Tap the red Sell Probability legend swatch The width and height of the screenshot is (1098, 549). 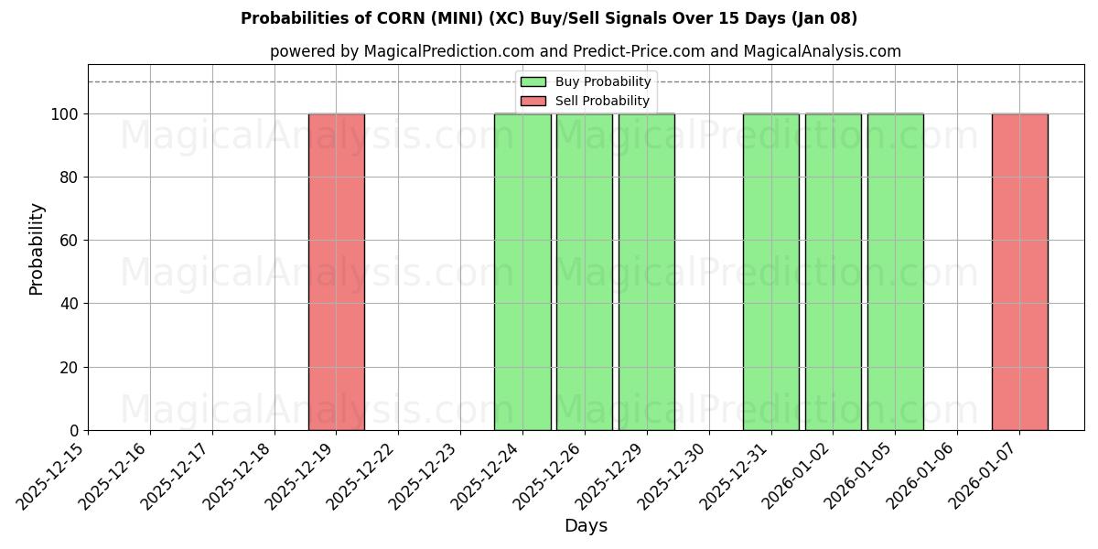[533, 101]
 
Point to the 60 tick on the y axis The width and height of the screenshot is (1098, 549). [67, 241]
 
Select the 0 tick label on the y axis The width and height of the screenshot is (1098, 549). [75, 431]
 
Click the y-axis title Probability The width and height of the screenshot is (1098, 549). [37, 248]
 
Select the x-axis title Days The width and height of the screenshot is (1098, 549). [586, 526]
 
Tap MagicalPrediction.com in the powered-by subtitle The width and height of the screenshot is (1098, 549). [442, 51]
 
